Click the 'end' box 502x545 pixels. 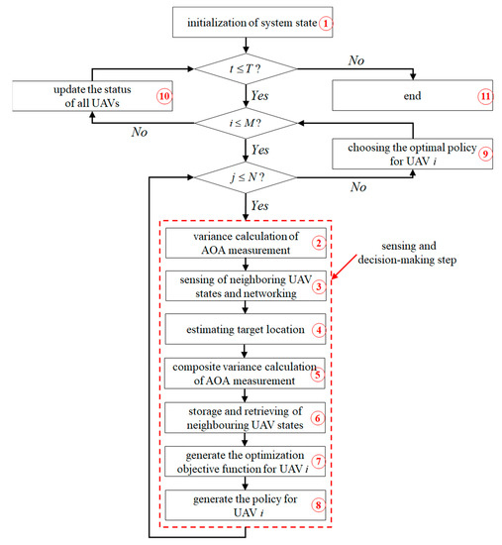(x=408, y=97)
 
